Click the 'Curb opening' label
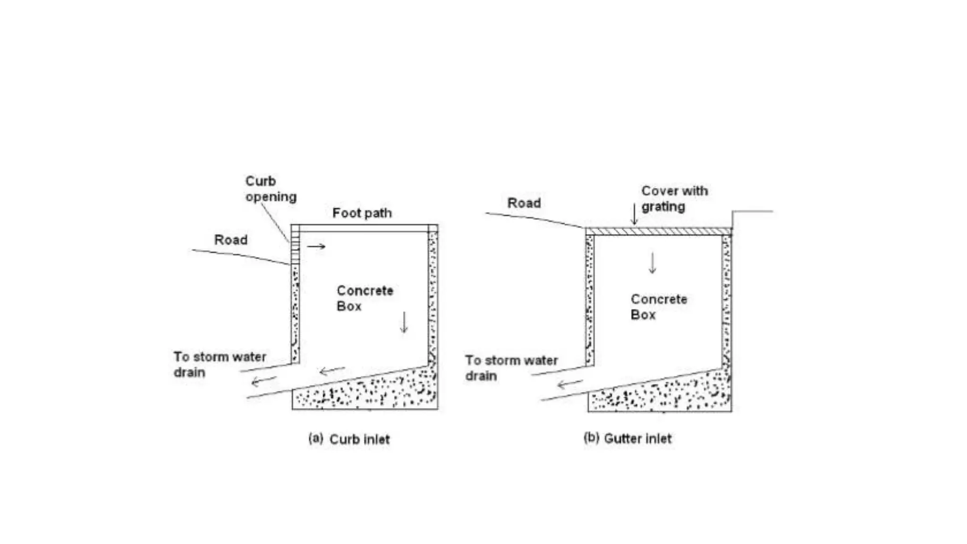pos(271,189)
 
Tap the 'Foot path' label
pos(362,213)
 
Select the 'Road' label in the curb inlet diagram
pos(231,240)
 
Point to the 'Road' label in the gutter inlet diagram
pos(524,203)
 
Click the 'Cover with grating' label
pos(674,199)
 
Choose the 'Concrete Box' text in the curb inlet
pos(365,298)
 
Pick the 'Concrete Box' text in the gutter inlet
pos(659,307)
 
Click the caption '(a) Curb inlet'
pos(349,439)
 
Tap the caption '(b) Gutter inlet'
pos(628,439)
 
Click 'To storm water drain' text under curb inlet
pos(220,365)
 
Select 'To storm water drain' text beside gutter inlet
pos(511,368)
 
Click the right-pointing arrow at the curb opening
pos(316,246)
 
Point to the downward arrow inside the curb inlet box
pos(404,322)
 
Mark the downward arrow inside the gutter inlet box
pos(653,263)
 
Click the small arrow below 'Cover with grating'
pos(635,215)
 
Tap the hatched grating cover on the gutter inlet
pos(658,231)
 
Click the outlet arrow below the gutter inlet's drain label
pos(569,383)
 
